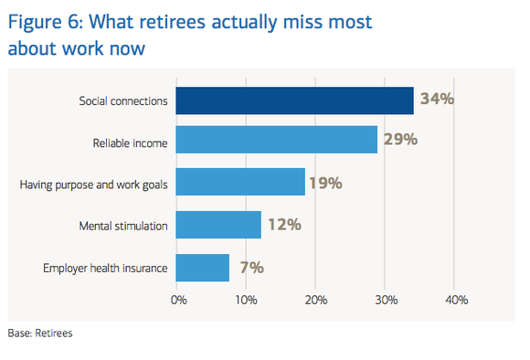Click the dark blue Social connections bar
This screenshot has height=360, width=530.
point(294,101)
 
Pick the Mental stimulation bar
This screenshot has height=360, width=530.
point(218,226)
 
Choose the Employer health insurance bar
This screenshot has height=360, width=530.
point(202,268)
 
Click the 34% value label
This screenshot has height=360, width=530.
point(437,100)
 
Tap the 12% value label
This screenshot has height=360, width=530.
point(284,226)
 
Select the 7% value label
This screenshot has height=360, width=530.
point(251,268)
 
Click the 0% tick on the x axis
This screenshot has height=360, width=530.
point(178,299)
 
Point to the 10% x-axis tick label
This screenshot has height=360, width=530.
point(247,299)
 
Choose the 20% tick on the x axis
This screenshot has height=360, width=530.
point(316,299)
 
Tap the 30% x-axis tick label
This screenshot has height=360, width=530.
point(386,299)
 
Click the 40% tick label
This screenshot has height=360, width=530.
point(455,299)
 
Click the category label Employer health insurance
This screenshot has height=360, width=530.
point(105,269)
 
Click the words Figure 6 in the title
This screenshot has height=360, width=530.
point(46,21)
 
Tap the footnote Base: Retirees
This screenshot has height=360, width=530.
point(40,334)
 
